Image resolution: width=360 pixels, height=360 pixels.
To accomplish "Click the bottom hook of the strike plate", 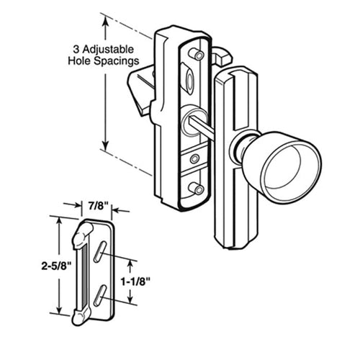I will (x=79, y=312).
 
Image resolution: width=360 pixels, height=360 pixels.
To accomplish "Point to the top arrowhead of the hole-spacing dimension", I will (x=107, y=21).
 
